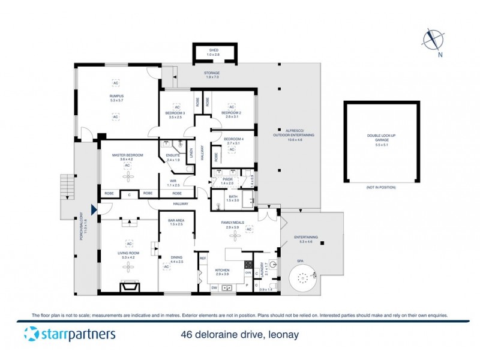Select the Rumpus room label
point(116,98)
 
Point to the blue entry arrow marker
point(94,209)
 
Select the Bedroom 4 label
point(232,141)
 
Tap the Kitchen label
point(223,271)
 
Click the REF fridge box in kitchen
point(203,259)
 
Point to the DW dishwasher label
point(214,288)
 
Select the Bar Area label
point(176,223)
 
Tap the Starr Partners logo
point(69,334)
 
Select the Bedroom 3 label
point(176,115)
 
